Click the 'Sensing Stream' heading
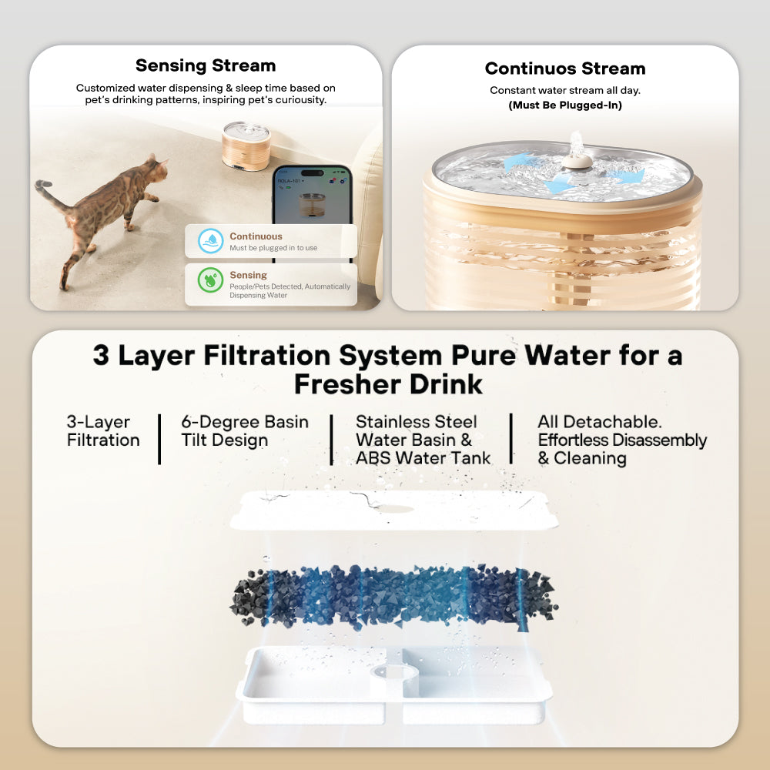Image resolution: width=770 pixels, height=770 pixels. click(x=206, y=65)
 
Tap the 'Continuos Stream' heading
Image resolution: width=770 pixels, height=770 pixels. click(x=564, y=69)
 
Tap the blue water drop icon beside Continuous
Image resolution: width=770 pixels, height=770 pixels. click(x=210, y=241)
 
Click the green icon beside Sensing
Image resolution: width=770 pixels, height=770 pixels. click(x=210, y=280)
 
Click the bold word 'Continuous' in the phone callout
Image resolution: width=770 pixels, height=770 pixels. click(x=256, y=236)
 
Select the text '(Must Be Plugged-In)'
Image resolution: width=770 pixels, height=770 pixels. click(x=564, y=105)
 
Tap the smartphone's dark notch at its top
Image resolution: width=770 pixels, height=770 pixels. click(x=312, y=173)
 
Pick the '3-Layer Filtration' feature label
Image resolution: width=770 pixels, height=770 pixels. click(x=103, y=431)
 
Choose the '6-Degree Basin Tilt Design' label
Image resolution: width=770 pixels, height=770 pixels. click(x=244, y=431)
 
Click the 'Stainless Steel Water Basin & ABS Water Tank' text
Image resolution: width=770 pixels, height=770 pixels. click(x=422, y=440)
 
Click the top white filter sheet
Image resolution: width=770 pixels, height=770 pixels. click(x=394, y=511)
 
